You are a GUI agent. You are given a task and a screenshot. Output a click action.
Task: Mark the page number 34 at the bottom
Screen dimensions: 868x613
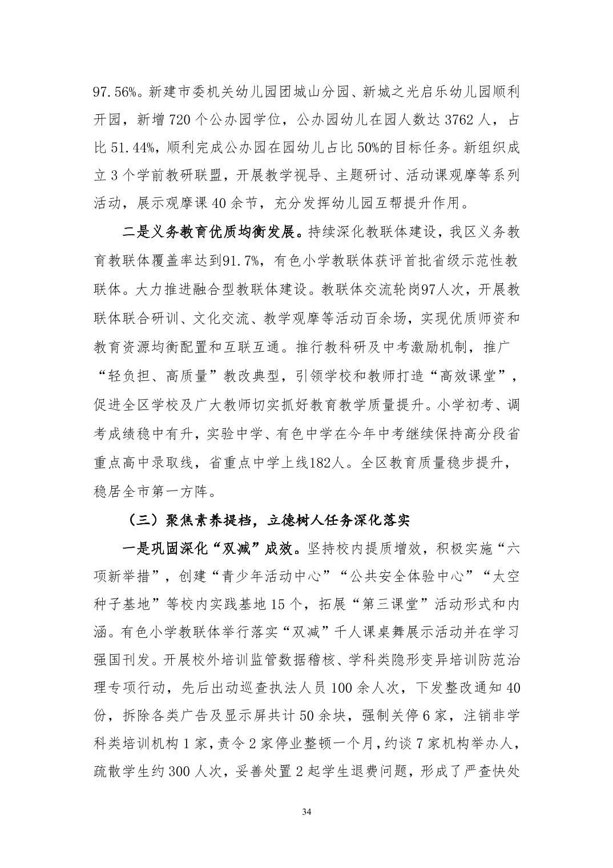[306, 812]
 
